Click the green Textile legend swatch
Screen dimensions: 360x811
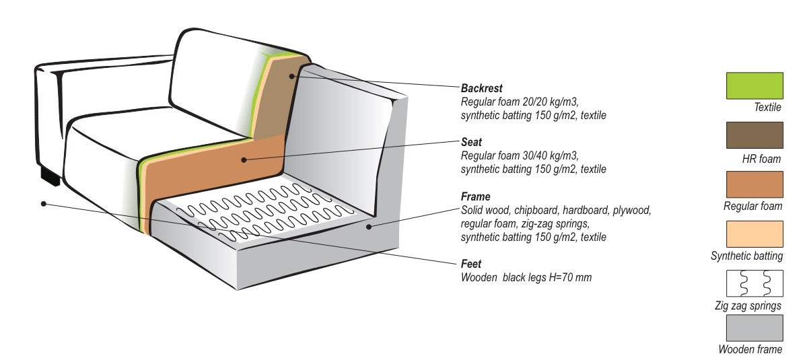pyautogui.click(x=754, y=85)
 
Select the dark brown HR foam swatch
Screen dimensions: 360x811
pyautogui.click(x=754, y=135)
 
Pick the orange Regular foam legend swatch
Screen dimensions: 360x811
pyautogui.click(x=754, y=184)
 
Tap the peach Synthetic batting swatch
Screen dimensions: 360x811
pyautogui.click(x=754, y=233)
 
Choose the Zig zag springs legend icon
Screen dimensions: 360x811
pyautogui.click(x=754, y=283)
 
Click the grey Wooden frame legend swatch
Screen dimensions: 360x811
pyautogui.click(x=754, y=328)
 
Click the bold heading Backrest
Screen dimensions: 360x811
pyautogui.click(x=481, y=88)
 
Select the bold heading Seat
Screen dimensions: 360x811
pyautogui.click(x=470, y=142)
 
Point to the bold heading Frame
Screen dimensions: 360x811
pyautogui.click(x=475, y=197)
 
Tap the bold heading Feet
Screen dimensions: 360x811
pyautogui.click(x=470, y=264)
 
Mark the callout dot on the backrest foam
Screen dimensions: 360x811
pyautogui.click(x=291, y=76)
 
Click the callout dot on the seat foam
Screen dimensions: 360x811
pyautogui.click(x=244, y=159)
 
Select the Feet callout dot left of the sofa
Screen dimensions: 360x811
pyautogui.click(x=43, y=203)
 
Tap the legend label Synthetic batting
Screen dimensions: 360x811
pyautogui.click(x=746, y=256)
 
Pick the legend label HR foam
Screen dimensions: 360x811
pyautogui.click(x=761, y=159)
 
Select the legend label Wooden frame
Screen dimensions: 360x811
pyautogui.click(x=750, y=349)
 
